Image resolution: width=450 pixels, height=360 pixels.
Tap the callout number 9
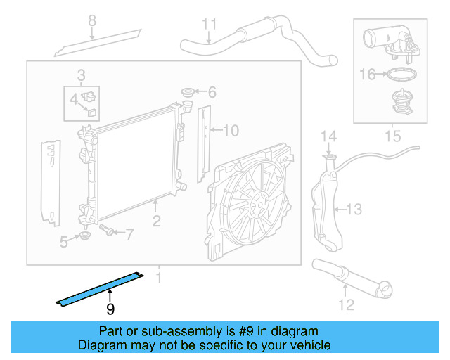pos(110,309)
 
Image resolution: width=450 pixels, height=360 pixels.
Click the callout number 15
pos(392,133)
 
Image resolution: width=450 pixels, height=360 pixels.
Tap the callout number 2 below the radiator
pos(156,221)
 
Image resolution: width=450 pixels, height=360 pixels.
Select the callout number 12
pos(345,304)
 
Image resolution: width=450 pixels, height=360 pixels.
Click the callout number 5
pos(64,243)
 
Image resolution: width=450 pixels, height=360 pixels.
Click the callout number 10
pos(231,130)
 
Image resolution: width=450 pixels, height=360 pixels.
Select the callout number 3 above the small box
pos(82,75)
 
